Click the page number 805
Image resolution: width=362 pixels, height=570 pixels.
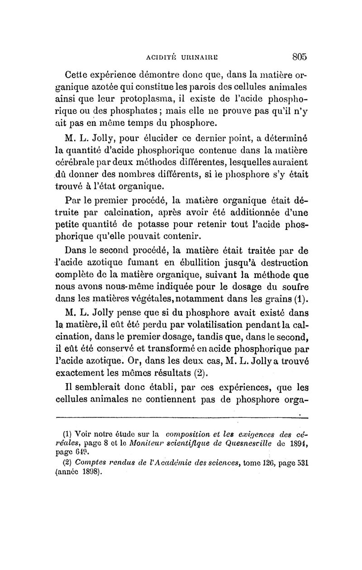tap(300, 57)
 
